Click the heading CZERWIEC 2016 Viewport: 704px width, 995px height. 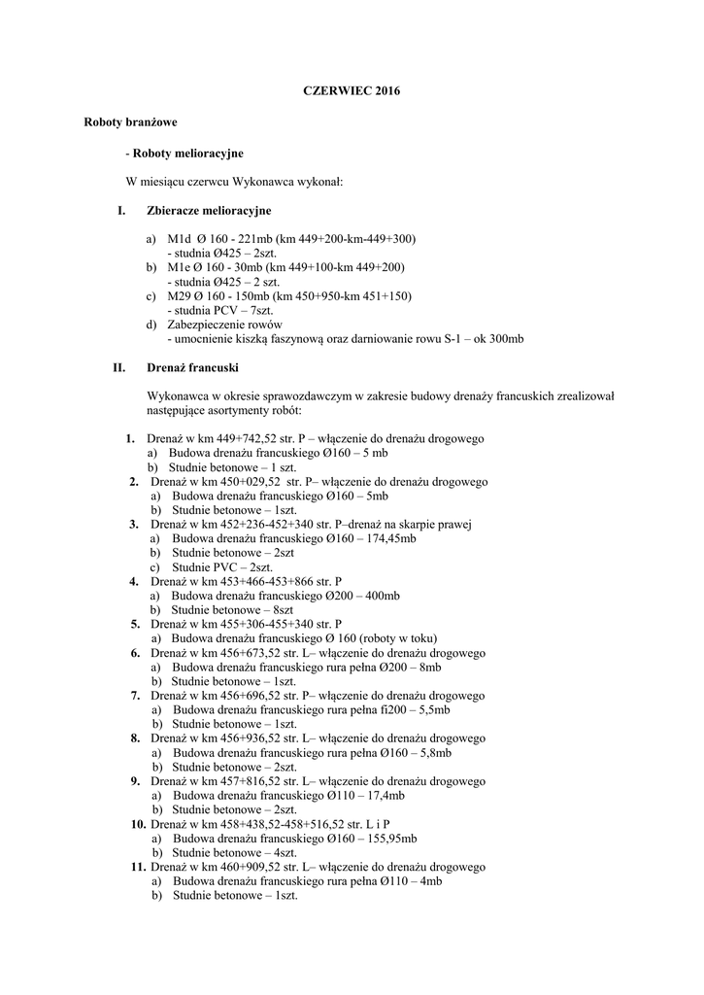352,90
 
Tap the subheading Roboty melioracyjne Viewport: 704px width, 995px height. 187,154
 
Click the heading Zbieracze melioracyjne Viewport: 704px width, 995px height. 209,210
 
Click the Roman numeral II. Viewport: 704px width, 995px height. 119,368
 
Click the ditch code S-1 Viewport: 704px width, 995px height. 459,338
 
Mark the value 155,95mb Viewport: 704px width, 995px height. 392,838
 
